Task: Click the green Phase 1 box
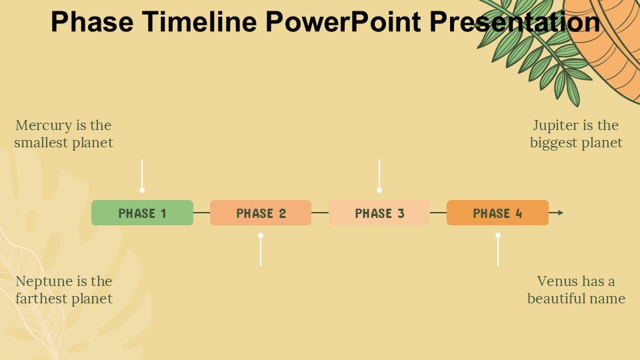142,213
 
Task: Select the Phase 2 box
261,213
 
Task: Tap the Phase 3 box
379,213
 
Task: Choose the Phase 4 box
497,213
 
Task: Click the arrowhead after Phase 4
560,213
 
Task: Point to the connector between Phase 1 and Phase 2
201,213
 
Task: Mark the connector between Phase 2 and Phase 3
320,213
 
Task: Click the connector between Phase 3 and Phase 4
439,213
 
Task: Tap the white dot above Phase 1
142,190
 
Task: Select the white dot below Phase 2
261,235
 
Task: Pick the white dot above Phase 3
379,190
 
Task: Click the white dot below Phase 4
498,235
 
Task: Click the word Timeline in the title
199,21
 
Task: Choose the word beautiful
556,299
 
